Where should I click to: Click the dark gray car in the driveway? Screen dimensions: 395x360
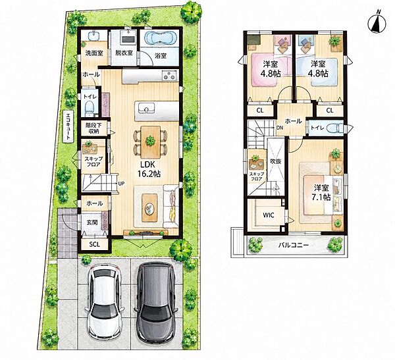coord(155,301)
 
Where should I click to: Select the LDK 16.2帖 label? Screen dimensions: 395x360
coord(149,169)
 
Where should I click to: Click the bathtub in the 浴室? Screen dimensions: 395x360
coord(159,39)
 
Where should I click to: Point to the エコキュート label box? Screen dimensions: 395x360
coord(68,127)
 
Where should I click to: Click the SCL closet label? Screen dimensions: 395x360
coord(94,244)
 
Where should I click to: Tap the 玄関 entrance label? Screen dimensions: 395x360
coord(92,222)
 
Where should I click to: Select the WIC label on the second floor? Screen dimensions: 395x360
coord(269,215)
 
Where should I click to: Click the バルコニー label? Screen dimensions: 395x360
coord(293,245)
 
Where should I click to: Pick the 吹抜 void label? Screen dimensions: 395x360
coord(275,161)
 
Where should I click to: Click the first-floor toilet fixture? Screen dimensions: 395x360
coord(89,107)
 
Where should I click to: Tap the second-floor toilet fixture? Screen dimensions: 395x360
coord(335,128)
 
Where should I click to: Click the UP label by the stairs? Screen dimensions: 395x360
coord(121,184)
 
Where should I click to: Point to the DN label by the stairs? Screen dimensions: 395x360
coord(280,128)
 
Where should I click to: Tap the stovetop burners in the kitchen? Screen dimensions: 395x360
coord(170,75)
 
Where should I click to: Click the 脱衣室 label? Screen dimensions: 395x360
coord(124,53)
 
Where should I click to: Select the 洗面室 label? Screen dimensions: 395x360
coord(93,53)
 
